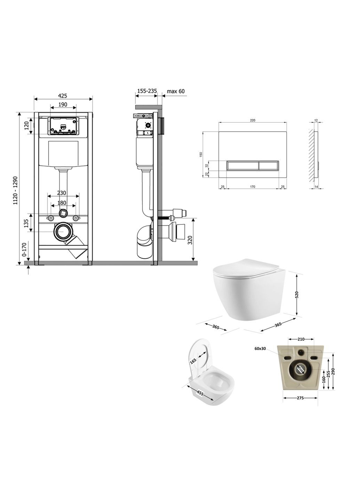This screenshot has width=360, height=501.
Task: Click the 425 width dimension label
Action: [63, 96]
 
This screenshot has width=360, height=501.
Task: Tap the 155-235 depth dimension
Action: [147, 91]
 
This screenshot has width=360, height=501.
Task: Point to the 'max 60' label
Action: [176, 92]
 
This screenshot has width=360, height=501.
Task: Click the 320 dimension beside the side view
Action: [189, 240]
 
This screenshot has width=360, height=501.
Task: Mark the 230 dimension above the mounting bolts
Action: [61, 193]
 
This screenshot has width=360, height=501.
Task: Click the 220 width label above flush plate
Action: [253, 120]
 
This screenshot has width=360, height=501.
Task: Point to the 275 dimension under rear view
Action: [300, 398]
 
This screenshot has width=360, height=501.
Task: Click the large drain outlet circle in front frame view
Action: [63, 232]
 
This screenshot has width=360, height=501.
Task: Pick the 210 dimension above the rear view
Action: [301, 339]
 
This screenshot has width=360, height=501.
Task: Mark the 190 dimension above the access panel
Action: [63, 105]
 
